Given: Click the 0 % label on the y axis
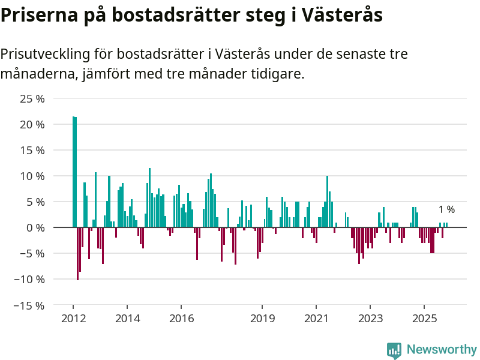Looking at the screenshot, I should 35,228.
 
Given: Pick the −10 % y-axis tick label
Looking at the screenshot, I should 29,280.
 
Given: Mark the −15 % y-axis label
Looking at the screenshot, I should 29,305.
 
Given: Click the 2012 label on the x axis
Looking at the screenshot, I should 73,318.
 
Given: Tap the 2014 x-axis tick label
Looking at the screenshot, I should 127,318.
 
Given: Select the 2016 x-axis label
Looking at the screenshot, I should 181,318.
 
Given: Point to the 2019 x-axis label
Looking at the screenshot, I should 262,318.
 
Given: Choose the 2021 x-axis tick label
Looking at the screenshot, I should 316,318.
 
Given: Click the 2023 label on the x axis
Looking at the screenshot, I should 370,318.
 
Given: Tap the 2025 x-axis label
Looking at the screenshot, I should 424,318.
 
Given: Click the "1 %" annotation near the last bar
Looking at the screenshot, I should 446,210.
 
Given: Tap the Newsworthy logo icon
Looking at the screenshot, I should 394,350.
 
